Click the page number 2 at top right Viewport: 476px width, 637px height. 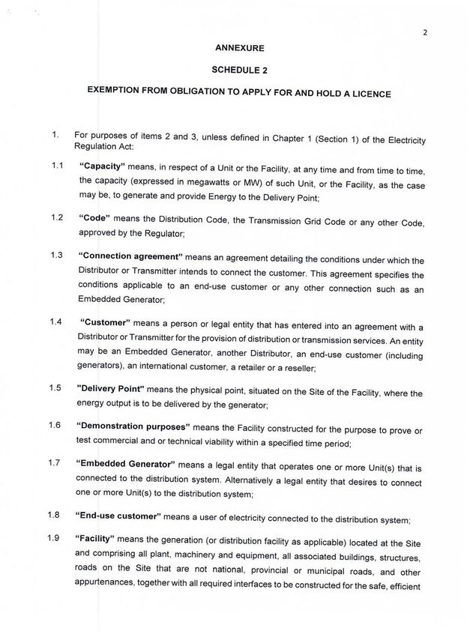click(x=424, y=32)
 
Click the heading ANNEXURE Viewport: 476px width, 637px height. click(x=239, y=47)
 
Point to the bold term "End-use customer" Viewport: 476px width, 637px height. click(x=118, y=516)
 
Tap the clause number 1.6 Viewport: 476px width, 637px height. click(x=55, y=425)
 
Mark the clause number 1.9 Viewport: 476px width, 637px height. click(x=55, y=537)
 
